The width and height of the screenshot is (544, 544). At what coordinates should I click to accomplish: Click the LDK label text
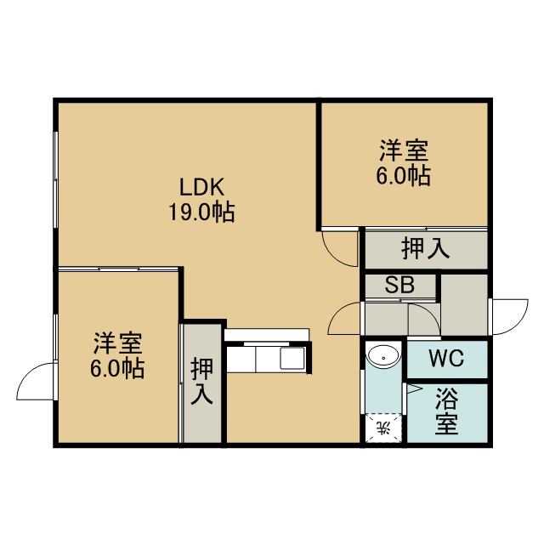click(201, 187)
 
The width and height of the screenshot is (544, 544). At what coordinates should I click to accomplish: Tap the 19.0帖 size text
click(201, 212)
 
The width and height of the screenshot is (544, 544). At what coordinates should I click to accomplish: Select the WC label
click(446, 358)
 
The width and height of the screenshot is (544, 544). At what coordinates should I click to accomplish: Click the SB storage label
click(399, 285)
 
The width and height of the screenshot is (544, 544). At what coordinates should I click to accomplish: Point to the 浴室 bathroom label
click(447, 411)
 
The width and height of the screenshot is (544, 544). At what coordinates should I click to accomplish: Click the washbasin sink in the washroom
click(383, 355)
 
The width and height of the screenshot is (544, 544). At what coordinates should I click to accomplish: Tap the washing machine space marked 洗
click(383, 428)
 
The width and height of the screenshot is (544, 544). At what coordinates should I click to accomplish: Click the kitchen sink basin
click(292, 359)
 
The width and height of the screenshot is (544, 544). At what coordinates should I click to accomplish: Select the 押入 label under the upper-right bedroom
click(425, 248)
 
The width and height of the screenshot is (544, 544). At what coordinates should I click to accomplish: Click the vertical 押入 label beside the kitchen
click(201, 381)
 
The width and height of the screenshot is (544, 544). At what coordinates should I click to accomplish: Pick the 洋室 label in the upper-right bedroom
click(404, 150)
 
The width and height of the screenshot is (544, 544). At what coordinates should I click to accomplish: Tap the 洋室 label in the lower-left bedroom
click(117, 343)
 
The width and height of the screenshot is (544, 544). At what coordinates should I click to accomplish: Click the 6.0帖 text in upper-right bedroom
click(404, 175)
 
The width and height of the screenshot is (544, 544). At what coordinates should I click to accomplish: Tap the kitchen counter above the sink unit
click(266, 335)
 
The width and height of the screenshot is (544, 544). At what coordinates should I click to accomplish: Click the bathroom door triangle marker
click(413, 389)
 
